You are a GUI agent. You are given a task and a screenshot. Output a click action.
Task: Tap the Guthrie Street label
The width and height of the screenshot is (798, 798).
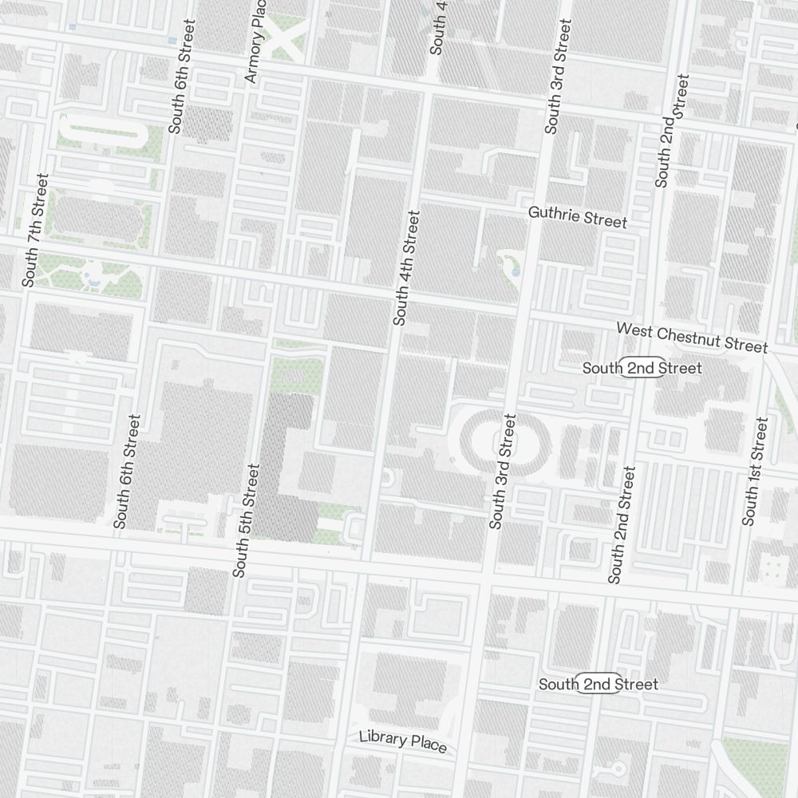[578, 216]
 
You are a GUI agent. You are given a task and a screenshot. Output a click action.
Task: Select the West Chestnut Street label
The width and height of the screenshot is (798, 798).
[691, 337]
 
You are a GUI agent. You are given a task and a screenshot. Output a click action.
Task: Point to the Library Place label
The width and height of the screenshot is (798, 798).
[402, 741]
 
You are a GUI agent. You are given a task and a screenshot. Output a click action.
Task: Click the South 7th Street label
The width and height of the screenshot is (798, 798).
[36, 230]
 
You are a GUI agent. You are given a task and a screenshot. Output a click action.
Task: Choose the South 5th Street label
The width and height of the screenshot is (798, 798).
[246, 519]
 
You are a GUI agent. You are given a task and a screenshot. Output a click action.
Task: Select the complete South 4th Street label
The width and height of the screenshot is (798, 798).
[405, 267]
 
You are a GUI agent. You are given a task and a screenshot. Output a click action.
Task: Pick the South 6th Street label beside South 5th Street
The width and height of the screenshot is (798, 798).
[127, 471]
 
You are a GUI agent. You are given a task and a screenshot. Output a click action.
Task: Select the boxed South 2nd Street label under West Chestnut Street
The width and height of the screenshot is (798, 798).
[642, 368]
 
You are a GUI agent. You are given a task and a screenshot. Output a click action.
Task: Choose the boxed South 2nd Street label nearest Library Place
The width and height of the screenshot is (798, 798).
[598, 684]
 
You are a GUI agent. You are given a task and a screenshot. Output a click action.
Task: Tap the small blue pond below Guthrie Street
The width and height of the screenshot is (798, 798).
[514, 271]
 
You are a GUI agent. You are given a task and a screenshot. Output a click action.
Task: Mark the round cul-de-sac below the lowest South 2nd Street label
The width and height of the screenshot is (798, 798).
[618, 768]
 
